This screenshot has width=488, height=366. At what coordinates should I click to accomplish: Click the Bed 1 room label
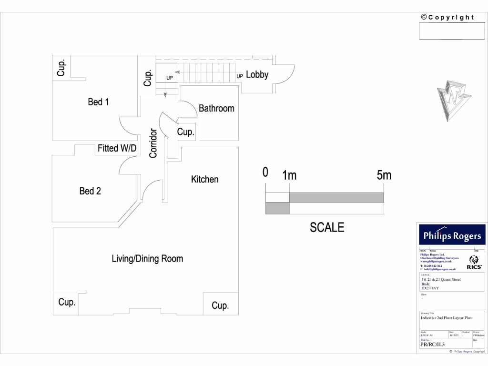(98, 102)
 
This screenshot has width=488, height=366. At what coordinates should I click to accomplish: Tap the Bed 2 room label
(90, 191)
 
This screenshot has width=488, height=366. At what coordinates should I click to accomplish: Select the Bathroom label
(216, 109)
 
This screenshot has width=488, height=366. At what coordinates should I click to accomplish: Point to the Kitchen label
(205, 180)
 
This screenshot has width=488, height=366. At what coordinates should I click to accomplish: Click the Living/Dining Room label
(147, 259)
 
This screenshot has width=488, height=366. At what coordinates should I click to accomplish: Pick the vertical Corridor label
(153, 143)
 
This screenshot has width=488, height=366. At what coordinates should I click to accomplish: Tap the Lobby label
(257, 75)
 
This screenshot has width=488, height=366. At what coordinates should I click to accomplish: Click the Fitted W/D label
(117, 149)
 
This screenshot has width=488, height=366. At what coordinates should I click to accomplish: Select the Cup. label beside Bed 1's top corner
(61, 67)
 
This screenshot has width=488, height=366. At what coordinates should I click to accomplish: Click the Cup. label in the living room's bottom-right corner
(220, 305)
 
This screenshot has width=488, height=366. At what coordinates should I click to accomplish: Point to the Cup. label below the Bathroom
(186, 132)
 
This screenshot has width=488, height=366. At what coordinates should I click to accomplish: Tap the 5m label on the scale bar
(384, 175)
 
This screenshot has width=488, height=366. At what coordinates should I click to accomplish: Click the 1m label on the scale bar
(289, 175)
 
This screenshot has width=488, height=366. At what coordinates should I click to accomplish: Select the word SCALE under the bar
(327, 228)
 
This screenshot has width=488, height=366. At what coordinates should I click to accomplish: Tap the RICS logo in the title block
(474, 263)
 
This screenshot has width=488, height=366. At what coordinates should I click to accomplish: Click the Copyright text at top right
(447, 18)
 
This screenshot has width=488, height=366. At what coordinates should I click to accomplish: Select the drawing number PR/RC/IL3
(432, 344)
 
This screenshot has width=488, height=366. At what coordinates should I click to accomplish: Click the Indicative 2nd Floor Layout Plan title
(446, 317)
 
